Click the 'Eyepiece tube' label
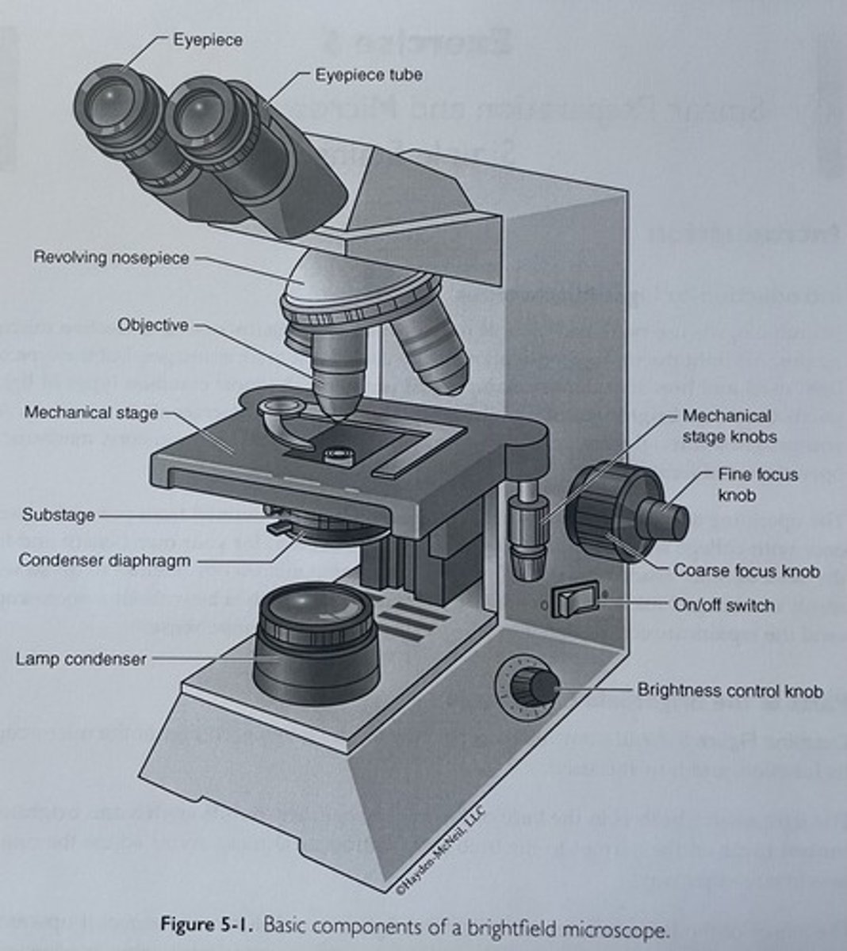(x=368, y=75)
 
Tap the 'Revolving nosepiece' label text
(x=111, y=258)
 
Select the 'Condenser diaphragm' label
(x=105, y=560)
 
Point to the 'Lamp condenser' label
(x=81, y=659)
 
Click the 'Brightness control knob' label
(x=730, y=691)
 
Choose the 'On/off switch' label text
(x=723, y=605)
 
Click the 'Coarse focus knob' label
(x=746, y=571)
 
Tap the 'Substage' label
(x=58, y=515)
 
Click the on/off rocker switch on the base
(x=577, y=601)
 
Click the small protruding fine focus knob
(x=666, y=518)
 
